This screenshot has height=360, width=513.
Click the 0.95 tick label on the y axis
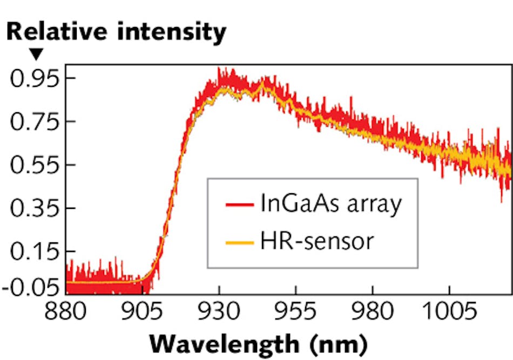(x=33, y=79)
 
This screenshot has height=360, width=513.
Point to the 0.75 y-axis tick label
(x=33, y=122)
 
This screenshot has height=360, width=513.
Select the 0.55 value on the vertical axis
(x=33, y=165)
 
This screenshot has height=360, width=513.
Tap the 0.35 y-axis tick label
(x=33, y=208)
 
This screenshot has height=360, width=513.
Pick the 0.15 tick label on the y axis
(x=33, y=252)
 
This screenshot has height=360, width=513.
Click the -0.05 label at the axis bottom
(x=30, y=287)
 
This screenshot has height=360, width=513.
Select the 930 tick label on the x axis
(x=219, y=313)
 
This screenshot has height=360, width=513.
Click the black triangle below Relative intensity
(x=36, y=53)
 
